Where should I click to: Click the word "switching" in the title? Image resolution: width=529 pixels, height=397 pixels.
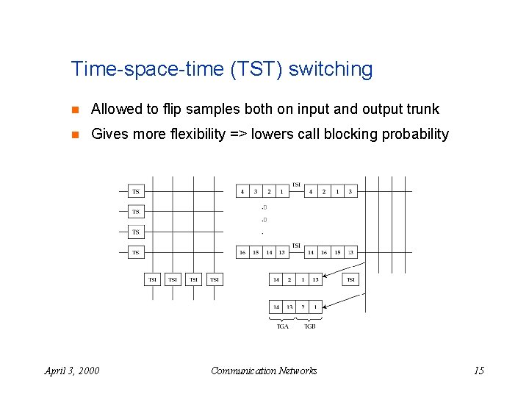coord(331,70)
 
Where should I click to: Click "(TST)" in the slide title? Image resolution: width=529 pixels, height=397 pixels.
coord(256,70)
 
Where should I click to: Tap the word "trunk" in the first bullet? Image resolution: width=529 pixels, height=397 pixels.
coord(421,110)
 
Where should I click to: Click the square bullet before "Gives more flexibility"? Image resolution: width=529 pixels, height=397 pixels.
coord(76,135)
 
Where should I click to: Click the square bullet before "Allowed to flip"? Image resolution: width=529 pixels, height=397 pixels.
coord(76,110)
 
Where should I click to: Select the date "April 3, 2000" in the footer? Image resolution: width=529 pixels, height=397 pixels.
coord(72,371)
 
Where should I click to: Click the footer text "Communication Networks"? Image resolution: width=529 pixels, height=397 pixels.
coord(264,371)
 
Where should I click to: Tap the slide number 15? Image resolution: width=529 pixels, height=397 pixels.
coord(478,371)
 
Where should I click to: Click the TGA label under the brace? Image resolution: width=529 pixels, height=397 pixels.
coord(283,326)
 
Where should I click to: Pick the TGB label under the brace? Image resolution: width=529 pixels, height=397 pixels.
coord(309,326)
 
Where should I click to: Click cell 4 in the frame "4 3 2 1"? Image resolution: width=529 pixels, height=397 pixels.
coord(242,191)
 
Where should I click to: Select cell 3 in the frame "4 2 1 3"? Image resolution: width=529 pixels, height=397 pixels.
coord(350,191)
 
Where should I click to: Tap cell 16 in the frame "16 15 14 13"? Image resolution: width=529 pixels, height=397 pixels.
coord(242,252)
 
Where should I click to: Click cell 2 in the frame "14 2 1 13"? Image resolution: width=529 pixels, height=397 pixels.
coord(289,279)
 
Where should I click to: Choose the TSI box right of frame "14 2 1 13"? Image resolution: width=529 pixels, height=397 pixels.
coord(351,279)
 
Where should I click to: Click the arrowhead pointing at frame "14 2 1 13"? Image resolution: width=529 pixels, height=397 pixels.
coord(325,277)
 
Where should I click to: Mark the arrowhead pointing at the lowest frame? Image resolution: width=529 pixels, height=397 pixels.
coord(325,305)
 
